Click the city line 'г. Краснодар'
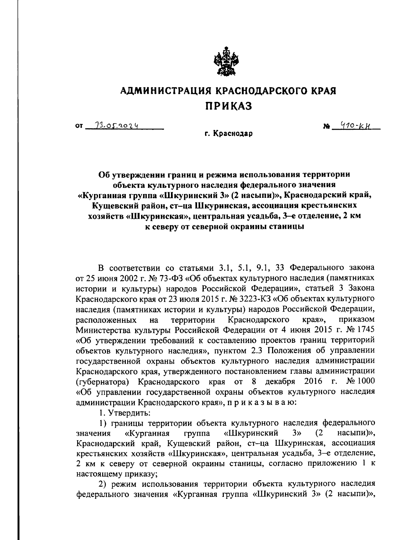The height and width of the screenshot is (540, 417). pyautogui.click(x=228, y=134)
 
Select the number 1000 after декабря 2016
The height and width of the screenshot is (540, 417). pyautogui.click(x=365, y=381)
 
